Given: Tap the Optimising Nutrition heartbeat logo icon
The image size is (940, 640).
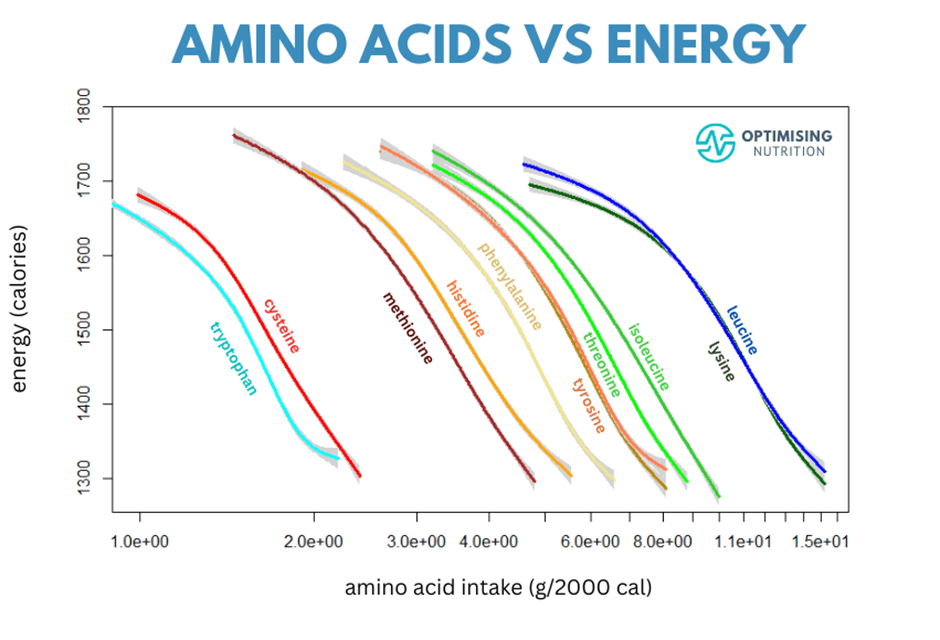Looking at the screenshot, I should point(715,142).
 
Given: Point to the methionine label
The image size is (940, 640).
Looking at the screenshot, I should point(408,329).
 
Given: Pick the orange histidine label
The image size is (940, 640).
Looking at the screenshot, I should point(465,308).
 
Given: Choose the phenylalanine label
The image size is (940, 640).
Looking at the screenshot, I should point(509,286).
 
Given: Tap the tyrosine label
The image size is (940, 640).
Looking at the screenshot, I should point(589,405).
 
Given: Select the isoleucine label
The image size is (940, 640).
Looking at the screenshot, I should point(648,356).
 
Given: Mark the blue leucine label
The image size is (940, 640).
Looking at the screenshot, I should point(742,330).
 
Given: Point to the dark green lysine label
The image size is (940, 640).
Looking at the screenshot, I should point(721,361).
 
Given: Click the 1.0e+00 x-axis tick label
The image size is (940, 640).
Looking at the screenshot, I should point(139,541).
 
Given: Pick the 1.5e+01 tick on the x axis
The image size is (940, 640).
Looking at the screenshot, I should point(821,541).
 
